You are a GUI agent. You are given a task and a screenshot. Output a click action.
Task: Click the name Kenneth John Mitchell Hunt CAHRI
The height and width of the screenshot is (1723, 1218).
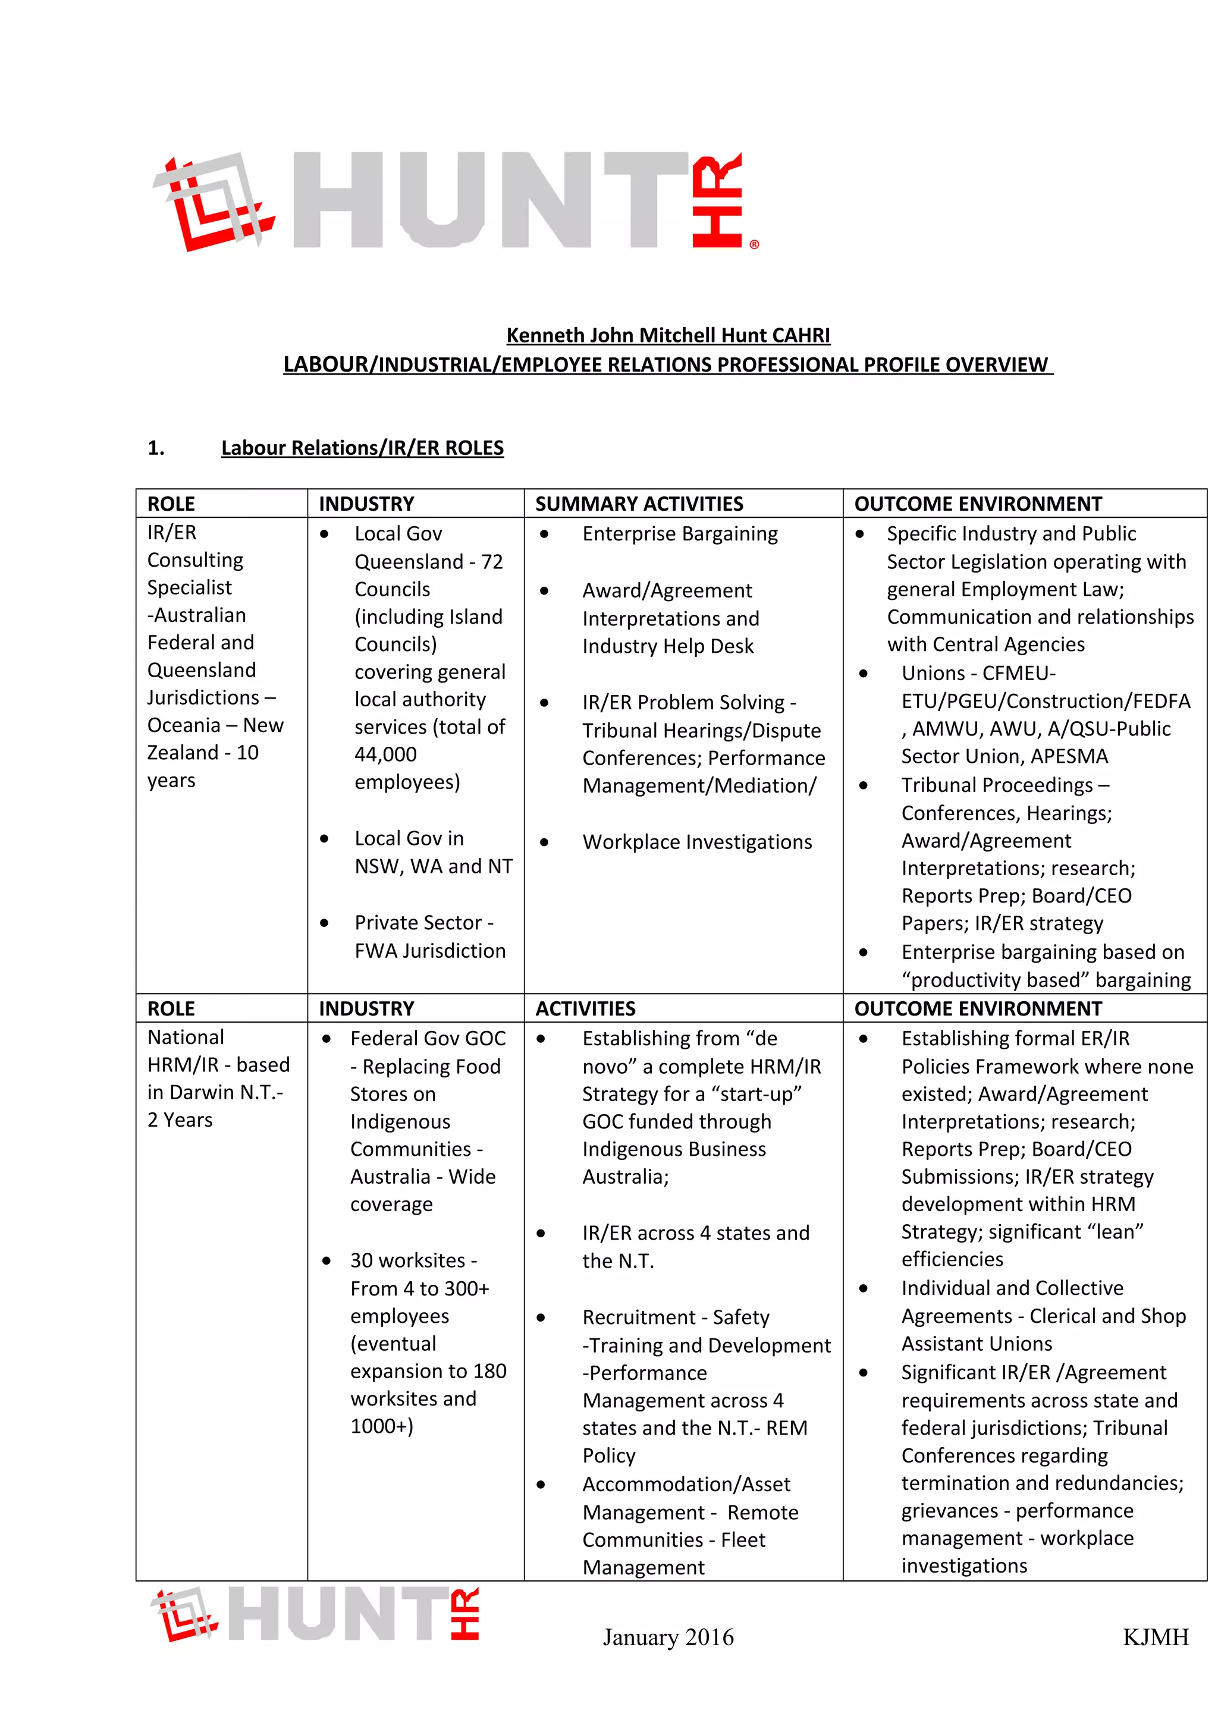click(x=667, y=335)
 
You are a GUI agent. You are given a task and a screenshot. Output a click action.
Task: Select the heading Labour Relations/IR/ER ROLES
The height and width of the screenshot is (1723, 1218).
click(x=362, y=448)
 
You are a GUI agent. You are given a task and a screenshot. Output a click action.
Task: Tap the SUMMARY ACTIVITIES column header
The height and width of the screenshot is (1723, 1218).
click(x=639, y=504)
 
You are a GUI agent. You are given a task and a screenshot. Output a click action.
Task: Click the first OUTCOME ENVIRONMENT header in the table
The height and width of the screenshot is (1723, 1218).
click(x=977, y=504)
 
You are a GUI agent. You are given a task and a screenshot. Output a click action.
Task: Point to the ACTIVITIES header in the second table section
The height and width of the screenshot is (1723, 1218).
click(x=585, y=1008)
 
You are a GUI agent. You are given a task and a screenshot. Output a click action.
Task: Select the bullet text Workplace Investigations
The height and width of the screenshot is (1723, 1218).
click(x=696, y=842)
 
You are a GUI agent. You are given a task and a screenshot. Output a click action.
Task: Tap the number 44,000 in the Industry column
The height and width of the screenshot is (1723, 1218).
click(x=385, y=754)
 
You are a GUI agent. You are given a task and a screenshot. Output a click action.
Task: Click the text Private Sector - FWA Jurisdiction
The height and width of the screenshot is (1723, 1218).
click(x=429, y=936)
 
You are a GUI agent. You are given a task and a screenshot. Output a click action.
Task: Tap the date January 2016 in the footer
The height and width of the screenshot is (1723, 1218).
click(x=667, y=1637)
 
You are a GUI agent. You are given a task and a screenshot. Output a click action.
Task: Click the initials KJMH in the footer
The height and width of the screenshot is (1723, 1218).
click(x=1155, y=1637)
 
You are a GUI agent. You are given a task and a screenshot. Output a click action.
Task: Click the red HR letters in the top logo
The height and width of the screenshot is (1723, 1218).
click(x=717, y=201)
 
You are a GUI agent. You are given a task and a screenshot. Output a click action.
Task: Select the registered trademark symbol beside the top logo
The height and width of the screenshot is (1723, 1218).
click(x=754, y=244)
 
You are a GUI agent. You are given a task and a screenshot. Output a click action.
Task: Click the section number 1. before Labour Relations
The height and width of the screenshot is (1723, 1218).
click(x=155, y=448)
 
